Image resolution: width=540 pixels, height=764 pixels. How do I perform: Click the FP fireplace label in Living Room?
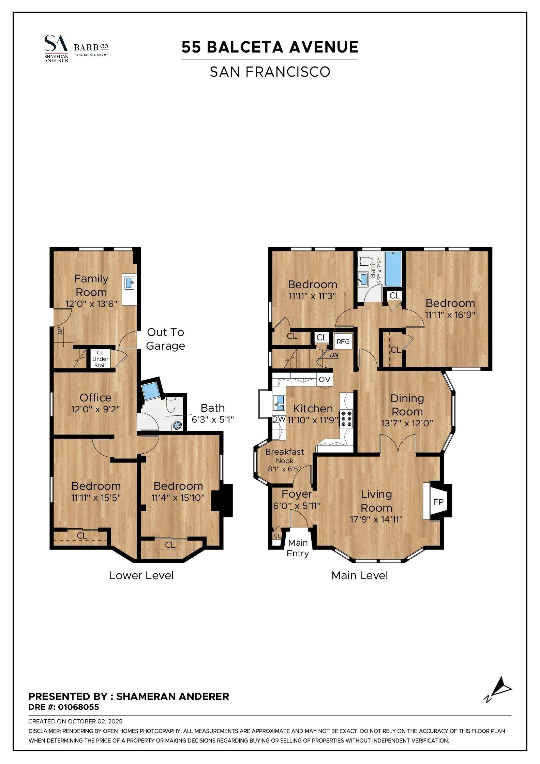[438, 502]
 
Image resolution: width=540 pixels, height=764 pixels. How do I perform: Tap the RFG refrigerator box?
[343, 341]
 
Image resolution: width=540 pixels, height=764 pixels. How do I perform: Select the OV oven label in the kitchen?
[324, 379]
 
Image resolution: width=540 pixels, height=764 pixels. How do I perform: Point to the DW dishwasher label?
[279, 419]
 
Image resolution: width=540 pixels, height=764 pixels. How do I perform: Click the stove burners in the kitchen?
[346, 419]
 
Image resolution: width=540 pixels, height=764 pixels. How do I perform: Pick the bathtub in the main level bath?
[393, 269]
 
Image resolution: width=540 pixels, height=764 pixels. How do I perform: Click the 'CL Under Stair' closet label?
[100, 359]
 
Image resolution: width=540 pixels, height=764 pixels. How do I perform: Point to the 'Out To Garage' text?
[165, 339]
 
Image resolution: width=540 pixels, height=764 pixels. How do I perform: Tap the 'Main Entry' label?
[298, 548]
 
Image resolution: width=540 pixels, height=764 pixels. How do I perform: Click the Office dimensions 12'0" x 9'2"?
[95, 409]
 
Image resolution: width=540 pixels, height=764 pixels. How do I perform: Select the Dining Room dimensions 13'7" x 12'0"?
[407, 423]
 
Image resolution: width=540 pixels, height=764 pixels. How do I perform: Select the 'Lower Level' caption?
[141, 575]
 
